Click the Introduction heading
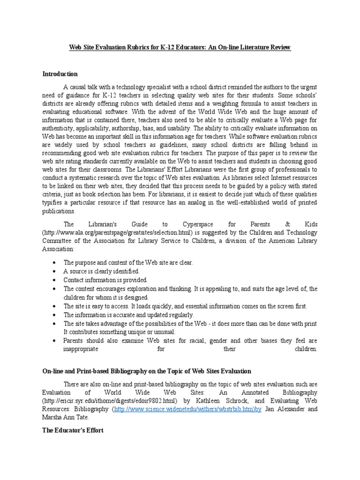(x=60, y=74)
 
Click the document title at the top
(x=180, y=48)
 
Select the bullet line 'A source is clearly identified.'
(x=102, y=271)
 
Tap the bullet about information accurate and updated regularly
(x=128, y=315)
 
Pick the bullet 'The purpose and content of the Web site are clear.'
(x=128, y=262)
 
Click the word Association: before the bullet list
(x=58, y=250)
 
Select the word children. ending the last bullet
(x=306, y=350)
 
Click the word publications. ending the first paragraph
(x=59, y=211)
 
